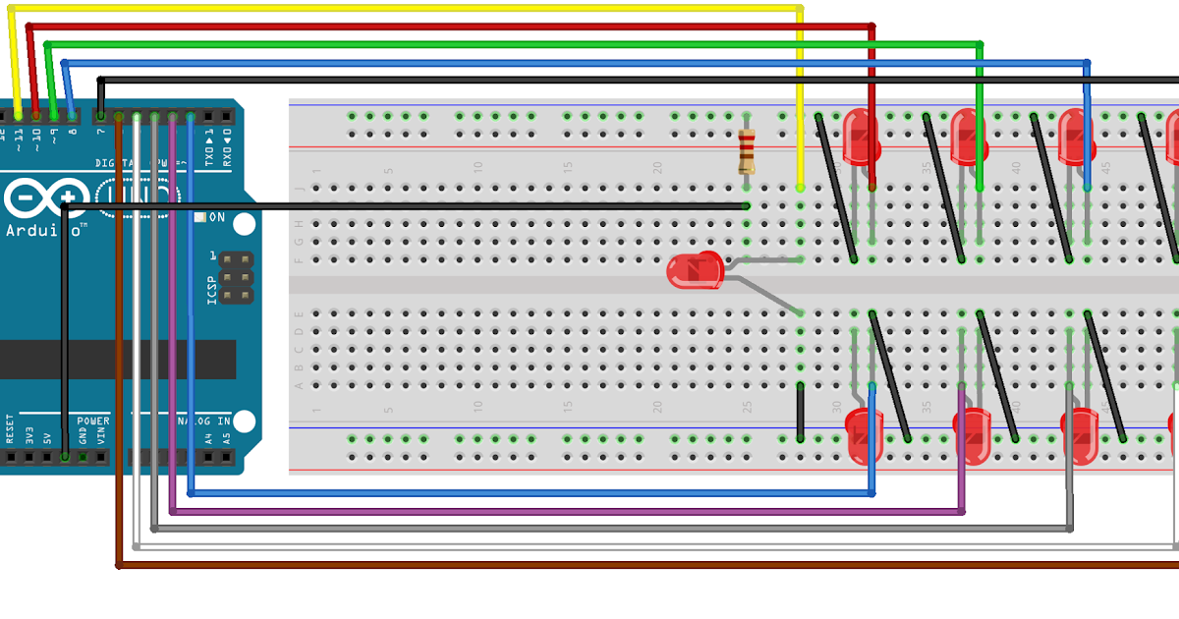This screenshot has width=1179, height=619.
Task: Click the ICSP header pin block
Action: pyautogui.click(x=235, y=277)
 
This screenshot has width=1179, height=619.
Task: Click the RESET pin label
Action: pyautogui.click(x=10, y=430)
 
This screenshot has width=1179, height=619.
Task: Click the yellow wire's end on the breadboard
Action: pyautogui.click(x=801, y=186)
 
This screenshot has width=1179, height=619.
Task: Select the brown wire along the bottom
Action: pyautogui.click(x=589, y=565)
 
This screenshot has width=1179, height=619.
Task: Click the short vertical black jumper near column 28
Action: pyautogui.click(x=801, y=413)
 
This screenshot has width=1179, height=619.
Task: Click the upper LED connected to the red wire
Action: pyautogui.click(x=861, y=137)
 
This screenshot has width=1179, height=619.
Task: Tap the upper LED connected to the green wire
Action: pyautogui.click(x=968, y=137)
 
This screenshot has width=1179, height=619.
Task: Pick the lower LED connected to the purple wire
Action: pyautogui.click(x=972, y=436)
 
